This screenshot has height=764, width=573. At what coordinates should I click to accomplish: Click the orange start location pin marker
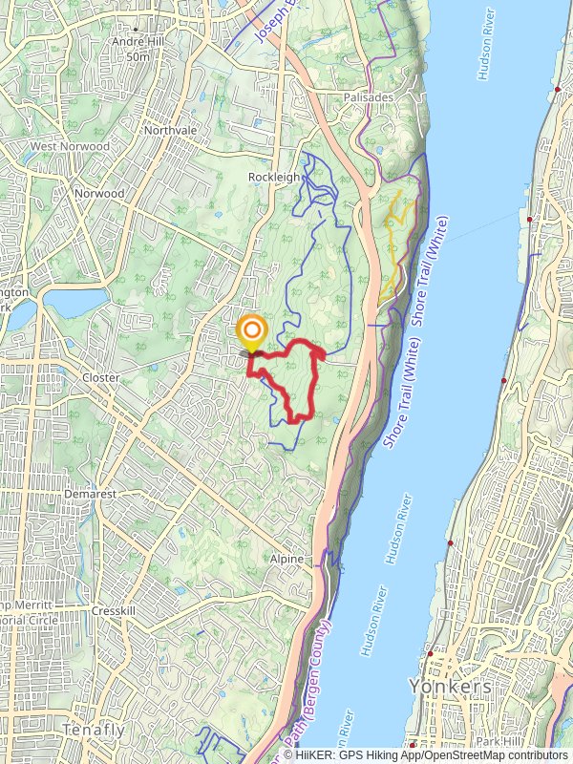(252, 334)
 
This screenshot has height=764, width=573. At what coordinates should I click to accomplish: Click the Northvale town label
(169, 130)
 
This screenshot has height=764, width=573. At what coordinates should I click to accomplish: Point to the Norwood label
(99, 193)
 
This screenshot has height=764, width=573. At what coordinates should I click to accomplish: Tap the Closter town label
(100, 377)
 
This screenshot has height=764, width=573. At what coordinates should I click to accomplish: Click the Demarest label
(90, 494)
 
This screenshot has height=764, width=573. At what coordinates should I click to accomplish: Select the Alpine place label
(286, 559)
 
